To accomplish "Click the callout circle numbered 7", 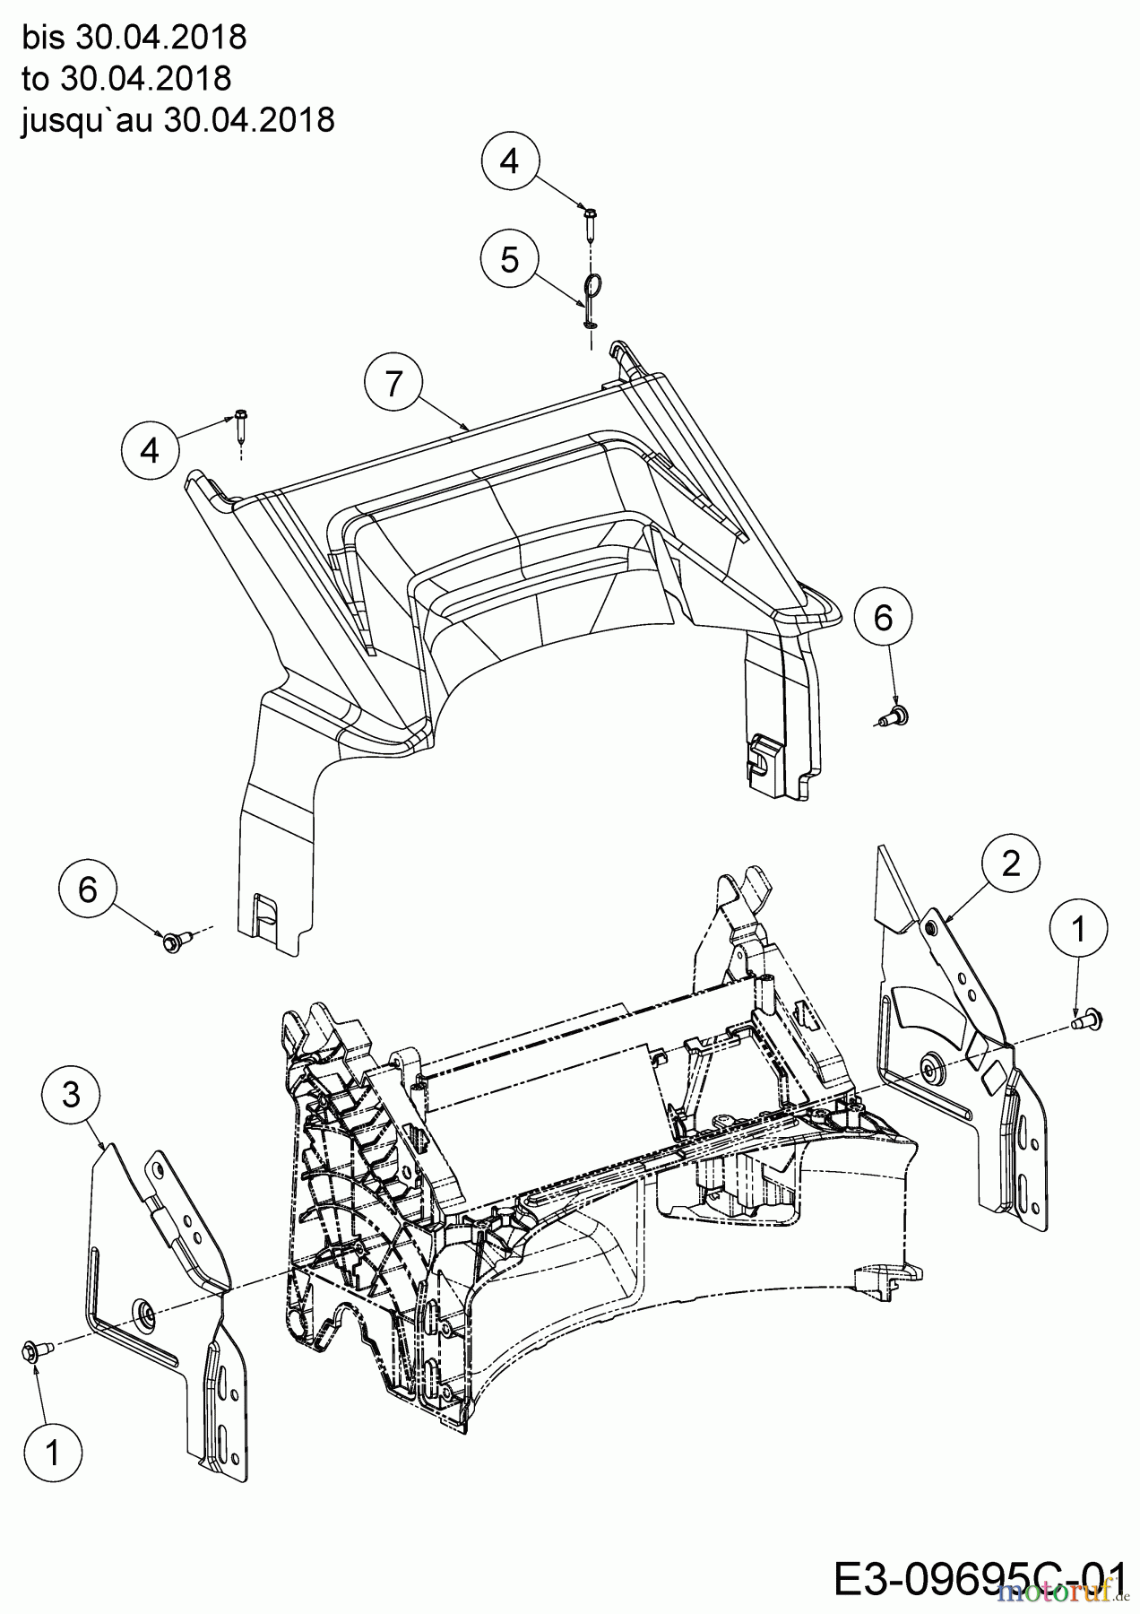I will [393, 385].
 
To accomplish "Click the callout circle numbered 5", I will [509, 260].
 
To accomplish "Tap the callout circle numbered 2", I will [1010, 863].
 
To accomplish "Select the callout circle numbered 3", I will [71, 1095].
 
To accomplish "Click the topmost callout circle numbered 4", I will [509, 161].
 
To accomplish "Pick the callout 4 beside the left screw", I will [151, 450].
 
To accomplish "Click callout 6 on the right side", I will [883, 618].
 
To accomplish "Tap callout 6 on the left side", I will [87, 889].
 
